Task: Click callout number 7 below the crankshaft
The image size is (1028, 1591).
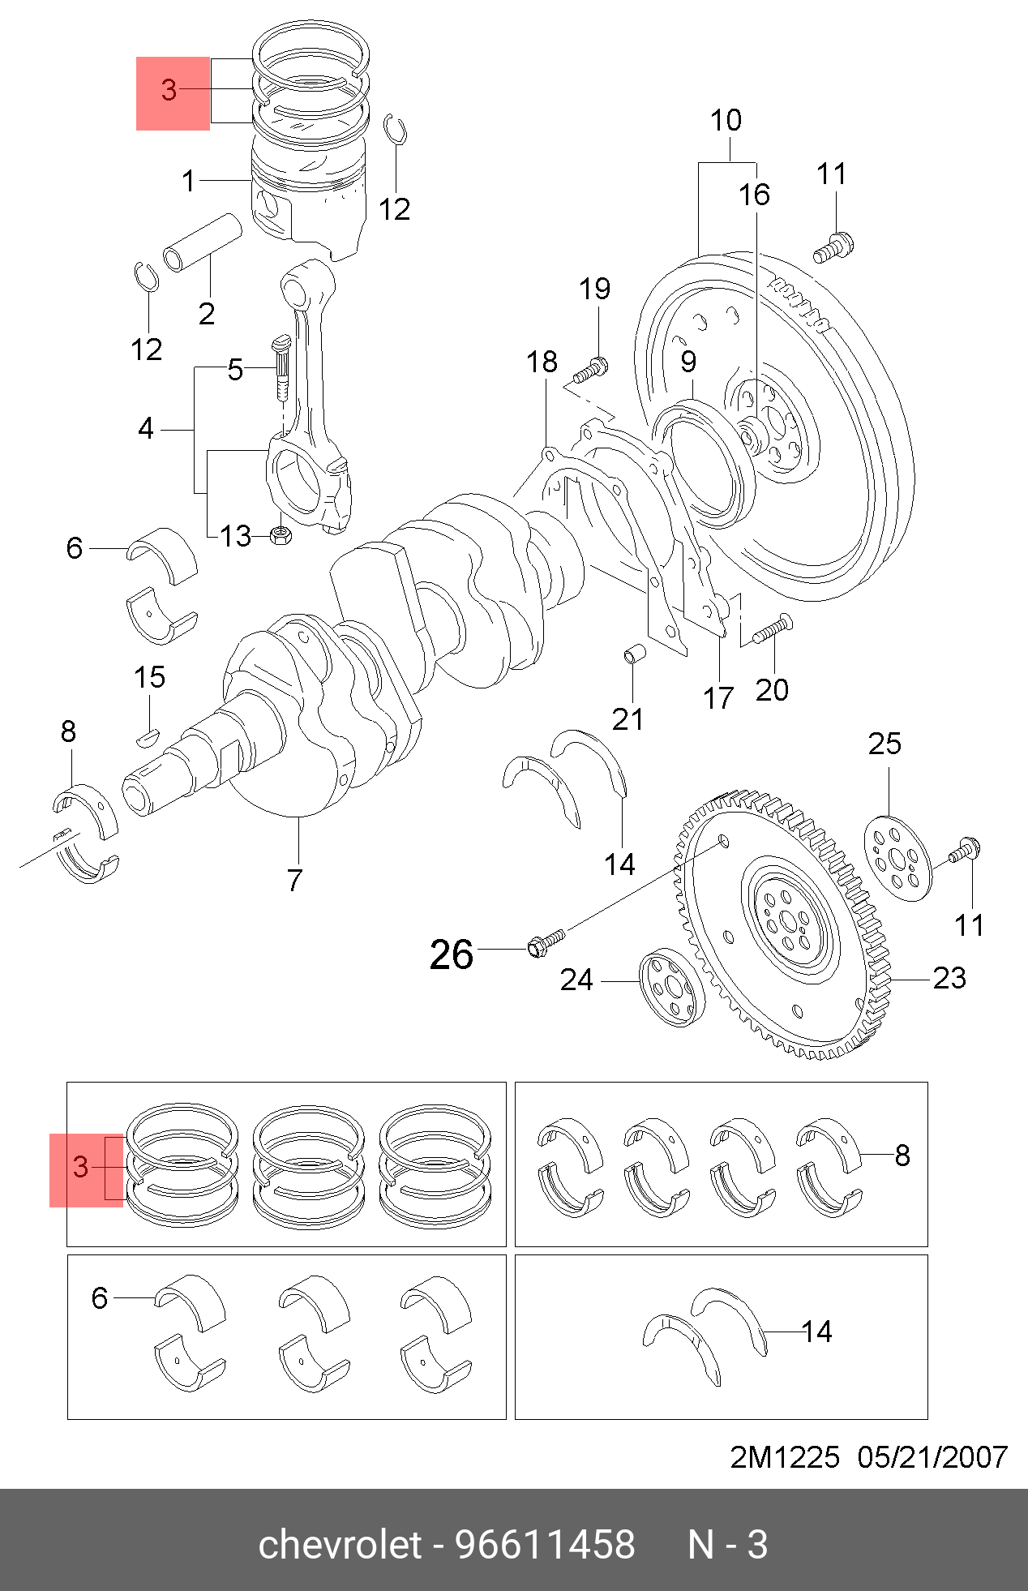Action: coord(295,880)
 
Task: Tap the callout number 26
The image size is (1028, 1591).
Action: coord(452,954)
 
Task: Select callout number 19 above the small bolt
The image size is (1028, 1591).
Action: coord(594,289)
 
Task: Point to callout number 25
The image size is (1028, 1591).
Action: coord(885,744)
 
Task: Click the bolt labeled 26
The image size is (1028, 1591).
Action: coord(546,942)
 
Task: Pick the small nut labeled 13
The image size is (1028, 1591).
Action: coord(281,534)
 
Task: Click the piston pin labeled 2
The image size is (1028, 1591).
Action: coord(203,242)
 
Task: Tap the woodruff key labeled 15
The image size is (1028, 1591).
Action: coord(147,737)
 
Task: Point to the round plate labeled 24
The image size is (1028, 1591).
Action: coord(672,987)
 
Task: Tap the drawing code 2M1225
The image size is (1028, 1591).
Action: coord(785,1457)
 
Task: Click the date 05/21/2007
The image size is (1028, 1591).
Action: coord(932,1457)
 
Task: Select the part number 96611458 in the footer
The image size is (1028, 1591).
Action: coord(545,1545)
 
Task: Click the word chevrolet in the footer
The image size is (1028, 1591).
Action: coord(340,1545)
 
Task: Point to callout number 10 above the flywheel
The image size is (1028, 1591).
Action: coord(726,121)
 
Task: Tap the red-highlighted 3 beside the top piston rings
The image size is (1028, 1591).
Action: coord(169,91)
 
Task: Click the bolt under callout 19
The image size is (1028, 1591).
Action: coord(591,371)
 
